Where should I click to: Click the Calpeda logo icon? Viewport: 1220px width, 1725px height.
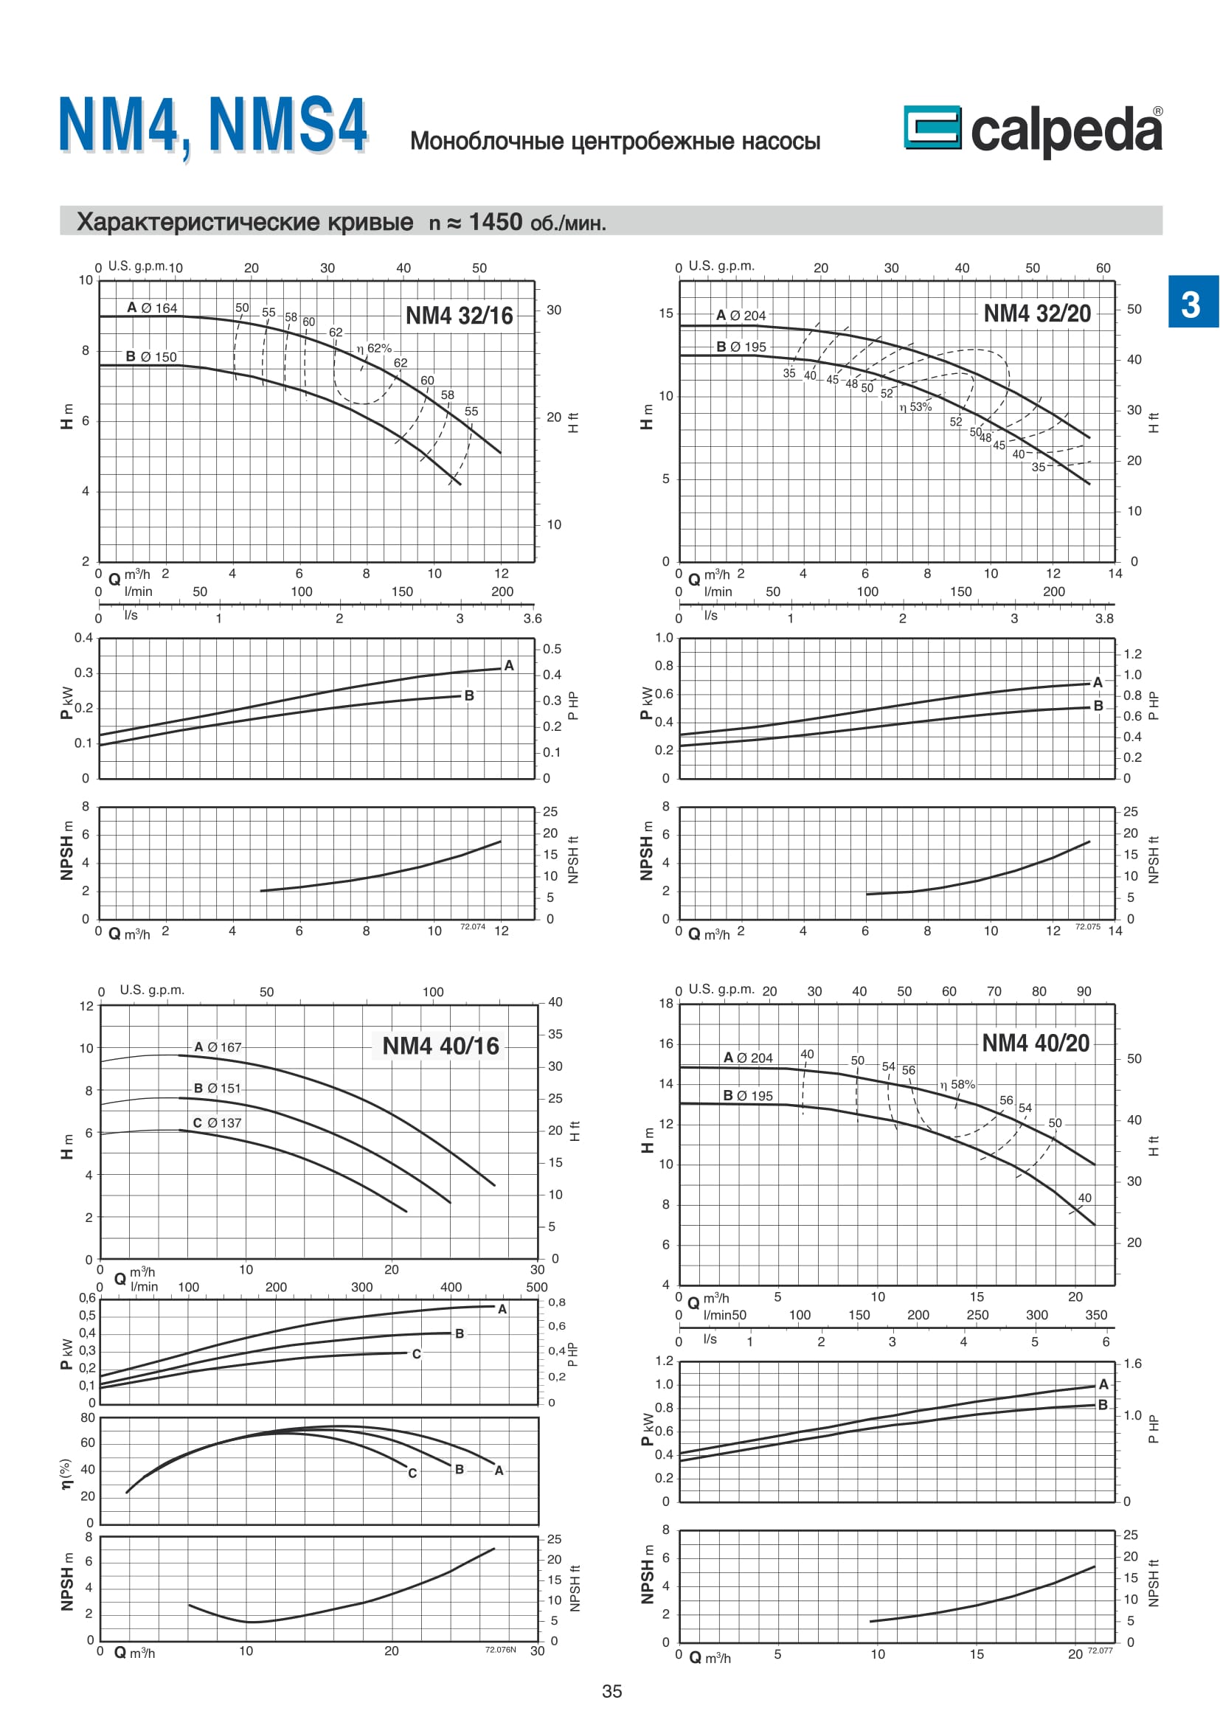(x=932, y=127)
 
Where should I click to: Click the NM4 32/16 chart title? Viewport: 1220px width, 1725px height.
(x=459, y=316)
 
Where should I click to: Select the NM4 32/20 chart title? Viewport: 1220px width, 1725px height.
(x=1036, y=313)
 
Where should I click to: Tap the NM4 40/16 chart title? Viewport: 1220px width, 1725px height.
(x=440, y=1046)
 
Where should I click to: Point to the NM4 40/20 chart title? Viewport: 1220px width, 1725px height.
(x=1035, y=1043)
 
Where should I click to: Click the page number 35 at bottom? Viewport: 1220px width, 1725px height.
(x=611, y=1691)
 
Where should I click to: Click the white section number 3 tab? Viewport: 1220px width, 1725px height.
(x=1190, y=304)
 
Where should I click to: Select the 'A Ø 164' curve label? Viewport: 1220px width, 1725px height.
(x=152, y=308)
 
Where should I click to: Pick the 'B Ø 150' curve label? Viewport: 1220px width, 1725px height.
(x=151, y=357)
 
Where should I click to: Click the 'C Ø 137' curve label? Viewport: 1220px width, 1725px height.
(x=217, y=1123)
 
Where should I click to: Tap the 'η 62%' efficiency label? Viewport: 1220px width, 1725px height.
(x=374, y=349)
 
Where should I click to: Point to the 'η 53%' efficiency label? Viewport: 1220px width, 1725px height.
(x=916, y=407)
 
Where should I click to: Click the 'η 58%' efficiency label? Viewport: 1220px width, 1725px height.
(x=958, y=1085)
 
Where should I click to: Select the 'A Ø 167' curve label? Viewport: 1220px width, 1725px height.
(x=218, y=1047)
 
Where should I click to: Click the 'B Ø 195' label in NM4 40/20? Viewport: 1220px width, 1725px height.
(x=747, y=1096)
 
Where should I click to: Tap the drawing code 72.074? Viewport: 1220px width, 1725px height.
(x=473, y=927)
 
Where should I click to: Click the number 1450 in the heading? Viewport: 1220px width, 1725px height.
(x=495, y=223)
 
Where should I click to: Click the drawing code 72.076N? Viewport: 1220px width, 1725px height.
(x=500, y=1650)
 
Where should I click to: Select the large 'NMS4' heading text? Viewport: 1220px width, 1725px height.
(x=288, y=125)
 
